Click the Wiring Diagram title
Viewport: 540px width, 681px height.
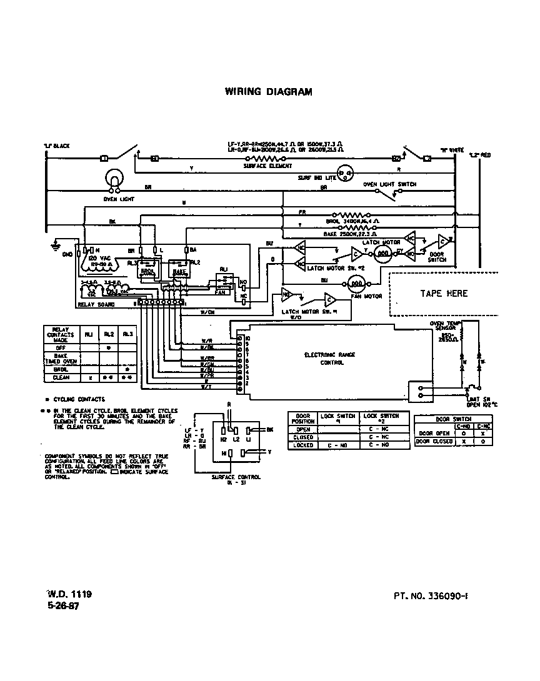pyautogui.click(x=268, y=92)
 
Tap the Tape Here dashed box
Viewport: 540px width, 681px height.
pyautogui.click(x=443, y=293)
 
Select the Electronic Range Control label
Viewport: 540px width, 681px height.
pyautogui.click(x=329, y=358)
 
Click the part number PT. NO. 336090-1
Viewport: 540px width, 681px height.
pyautogui.click(x=431, y=597)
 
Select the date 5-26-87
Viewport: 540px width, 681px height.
pyautogui.click(x=63, y=606)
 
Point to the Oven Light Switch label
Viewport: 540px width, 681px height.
pyautogui.click(x=389, y=185)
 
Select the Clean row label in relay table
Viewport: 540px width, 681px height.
pyautogui.click(x=61, y=377)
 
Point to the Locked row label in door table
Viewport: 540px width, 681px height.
pyautogui.click(x=302, y=445)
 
